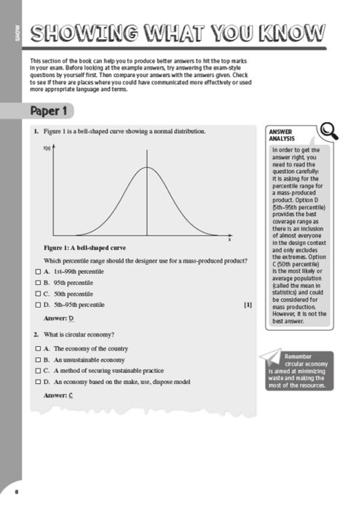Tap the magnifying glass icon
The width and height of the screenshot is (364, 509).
[x=328, y=131]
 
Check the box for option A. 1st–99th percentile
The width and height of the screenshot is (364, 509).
[x=36, y=271]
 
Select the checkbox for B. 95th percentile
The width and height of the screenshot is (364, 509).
[x=36, y=282]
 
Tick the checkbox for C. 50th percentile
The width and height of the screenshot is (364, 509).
[x=36, y=293]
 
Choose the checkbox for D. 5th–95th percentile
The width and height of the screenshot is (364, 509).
[x=36, y=305]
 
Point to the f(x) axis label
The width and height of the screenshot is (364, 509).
[x=47, y=148]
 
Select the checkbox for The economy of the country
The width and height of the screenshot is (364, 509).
[x=36, y=348]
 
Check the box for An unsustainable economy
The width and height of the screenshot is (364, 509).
[x=36, y=359]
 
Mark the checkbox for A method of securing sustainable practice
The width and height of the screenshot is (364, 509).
[x=36, y=370]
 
